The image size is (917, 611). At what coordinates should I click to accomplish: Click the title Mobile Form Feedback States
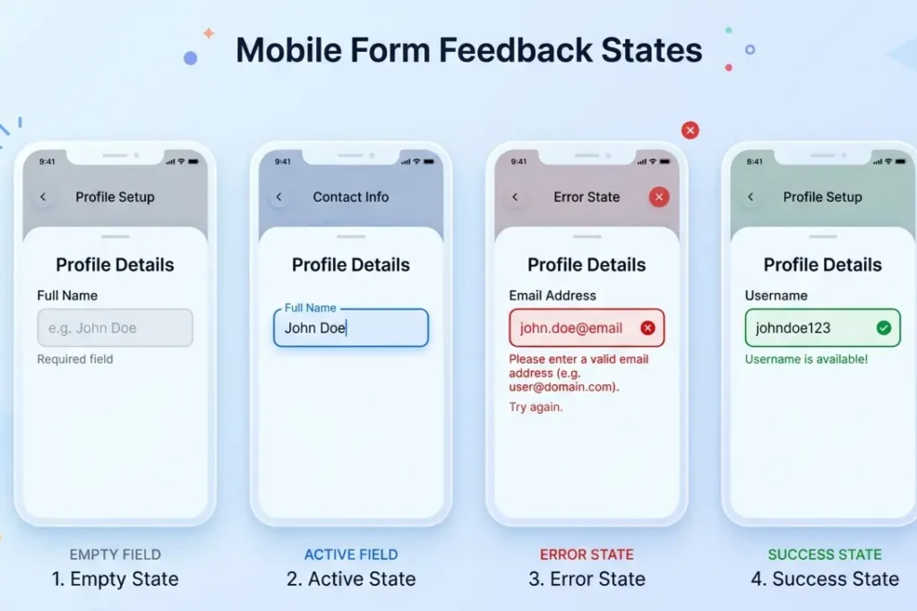tap(468, 50)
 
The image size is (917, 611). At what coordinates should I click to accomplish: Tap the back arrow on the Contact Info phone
tap(279, 197)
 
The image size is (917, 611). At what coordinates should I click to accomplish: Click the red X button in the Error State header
tap(659, 197)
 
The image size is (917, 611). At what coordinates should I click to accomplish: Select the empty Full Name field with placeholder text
tap(115, 328)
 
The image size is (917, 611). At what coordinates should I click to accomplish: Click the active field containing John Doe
tap(350, 328)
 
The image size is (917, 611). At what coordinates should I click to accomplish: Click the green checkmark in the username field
tap(884, 328)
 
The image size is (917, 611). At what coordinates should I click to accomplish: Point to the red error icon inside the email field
tap(648, 328)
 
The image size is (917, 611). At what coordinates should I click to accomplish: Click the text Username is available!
tap(806, 359)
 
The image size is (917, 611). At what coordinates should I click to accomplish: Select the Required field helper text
tap(75, 359)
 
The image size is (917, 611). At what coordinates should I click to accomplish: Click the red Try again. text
tap(536, 407)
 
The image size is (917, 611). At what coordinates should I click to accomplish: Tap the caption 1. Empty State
tap(115, 579)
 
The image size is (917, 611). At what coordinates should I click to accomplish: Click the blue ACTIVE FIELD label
tap(351, 555)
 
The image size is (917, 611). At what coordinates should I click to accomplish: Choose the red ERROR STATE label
tap(587, 555)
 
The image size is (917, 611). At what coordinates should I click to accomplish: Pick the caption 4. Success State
tap(825, 579)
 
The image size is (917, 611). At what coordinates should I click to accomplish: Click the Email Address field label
tap(553, 296)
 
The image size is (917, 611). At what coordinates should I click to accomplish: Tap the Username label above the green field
tap(776, 296)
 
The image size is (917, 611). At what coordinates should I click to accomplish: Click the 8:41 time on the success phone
tap(755, 162)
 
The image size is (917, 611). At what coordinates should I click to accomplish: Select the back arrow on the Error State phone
tap(515, 197)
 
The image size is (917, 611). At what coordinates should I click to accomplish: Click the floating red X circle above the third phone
tap(690, 130)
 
